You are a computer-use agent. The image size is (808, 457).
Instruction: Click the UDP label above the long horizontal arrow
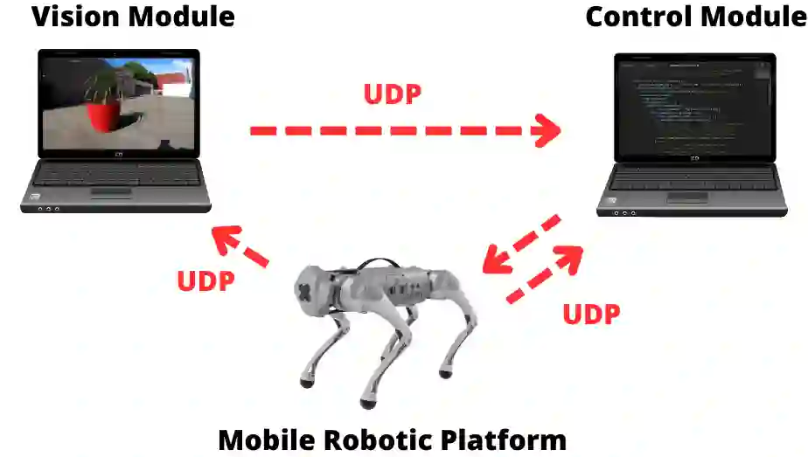tap(393, 93)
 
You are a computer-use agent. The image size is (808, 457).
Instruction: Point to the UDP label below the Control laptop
tap(591, 314)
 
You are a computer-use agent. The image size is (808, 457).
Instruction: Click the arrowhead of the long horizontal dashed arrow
tap(547, 132)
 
